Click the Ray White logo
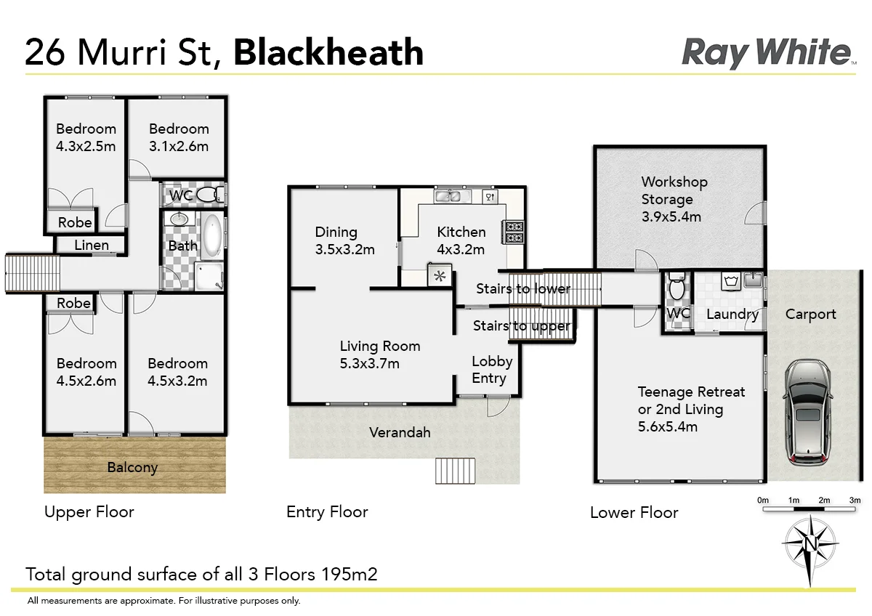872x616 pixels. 767,53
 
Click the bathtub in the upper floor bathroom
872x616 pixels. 212,235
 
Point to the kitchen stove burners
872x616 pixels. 514,232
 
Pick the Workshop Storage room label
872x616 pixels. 674,198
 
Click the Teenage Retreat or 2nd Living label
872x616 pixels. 690,409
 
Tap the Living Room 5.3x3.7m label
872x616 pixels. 379,354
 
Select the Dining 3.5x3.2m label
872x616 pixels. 344,240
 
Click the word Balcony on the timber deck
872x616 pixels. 132,467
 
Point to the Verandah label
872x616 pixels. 400,432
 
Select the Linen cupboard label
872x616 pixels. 92,245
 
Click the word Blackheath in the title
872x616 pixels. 328,53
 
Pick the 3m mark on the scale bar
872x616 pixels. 855,500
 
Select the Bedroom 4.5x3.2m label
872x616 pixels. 177,372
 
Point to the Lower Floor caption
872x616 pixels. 634,513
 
